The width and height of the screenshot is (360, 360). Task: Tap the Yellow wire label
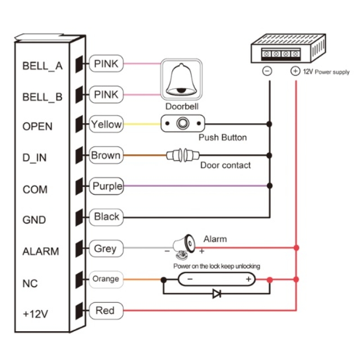(106, 124)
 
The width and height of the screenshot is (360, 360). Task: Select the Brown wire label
(106, 156)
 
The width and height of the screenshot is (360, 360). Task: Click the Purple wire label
(107, 186)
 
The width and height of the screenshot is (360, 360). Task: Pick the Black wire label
(107, 217)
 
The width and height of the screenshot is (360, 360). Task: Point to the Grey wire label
(105, 248)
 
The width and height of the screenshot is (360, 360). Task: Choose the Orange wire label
(106, 279)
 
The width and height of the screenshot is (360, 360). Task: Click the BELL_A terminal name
(42, 66)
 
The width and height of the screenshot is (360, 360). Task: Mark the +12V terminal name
(35, 314)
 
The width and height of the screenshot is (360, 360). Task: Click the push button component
(183, 123)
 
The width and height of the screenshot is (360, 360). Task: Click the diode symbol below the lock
(216, 294)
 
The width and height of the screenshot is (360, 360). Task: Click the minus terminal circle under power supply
(267, 71)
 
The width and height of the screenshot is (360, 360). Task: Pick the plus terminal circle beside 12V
(295, 71)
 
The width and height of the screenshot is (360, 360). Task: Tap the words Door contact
(225, 165)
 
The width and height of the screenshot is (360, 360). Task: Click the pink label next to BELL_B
(106, 94)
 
